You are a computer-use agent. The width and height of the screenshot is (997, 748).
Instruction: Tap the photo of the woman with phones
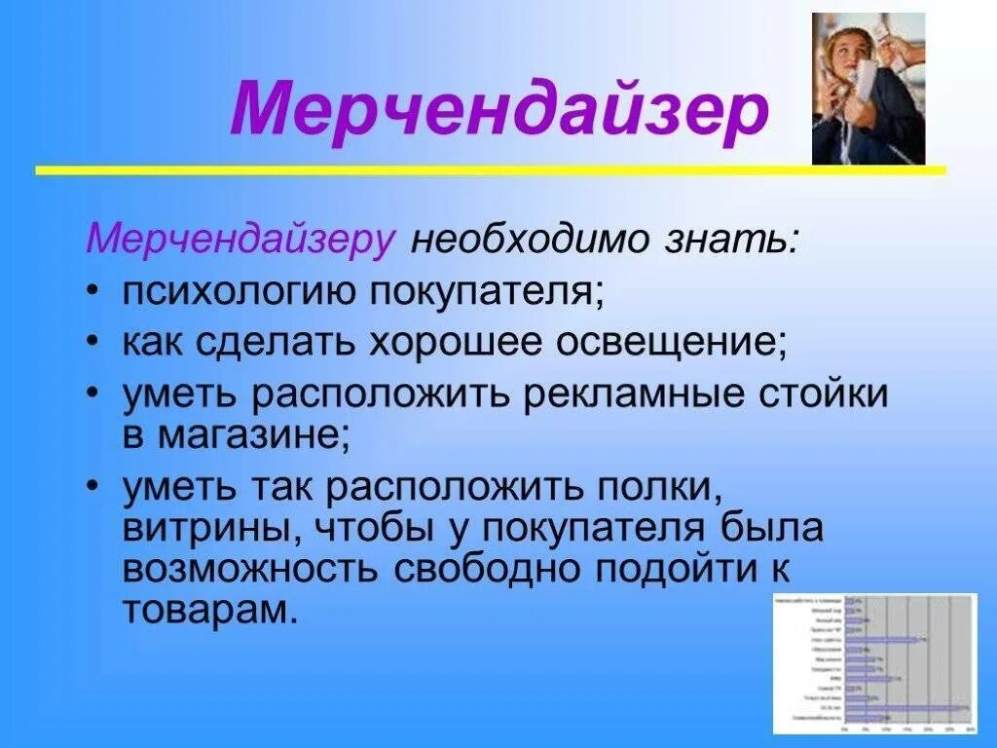click(868, 89)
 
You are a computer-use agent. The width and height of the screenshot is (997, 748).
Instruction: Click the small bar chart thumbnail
click(874, 662)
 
